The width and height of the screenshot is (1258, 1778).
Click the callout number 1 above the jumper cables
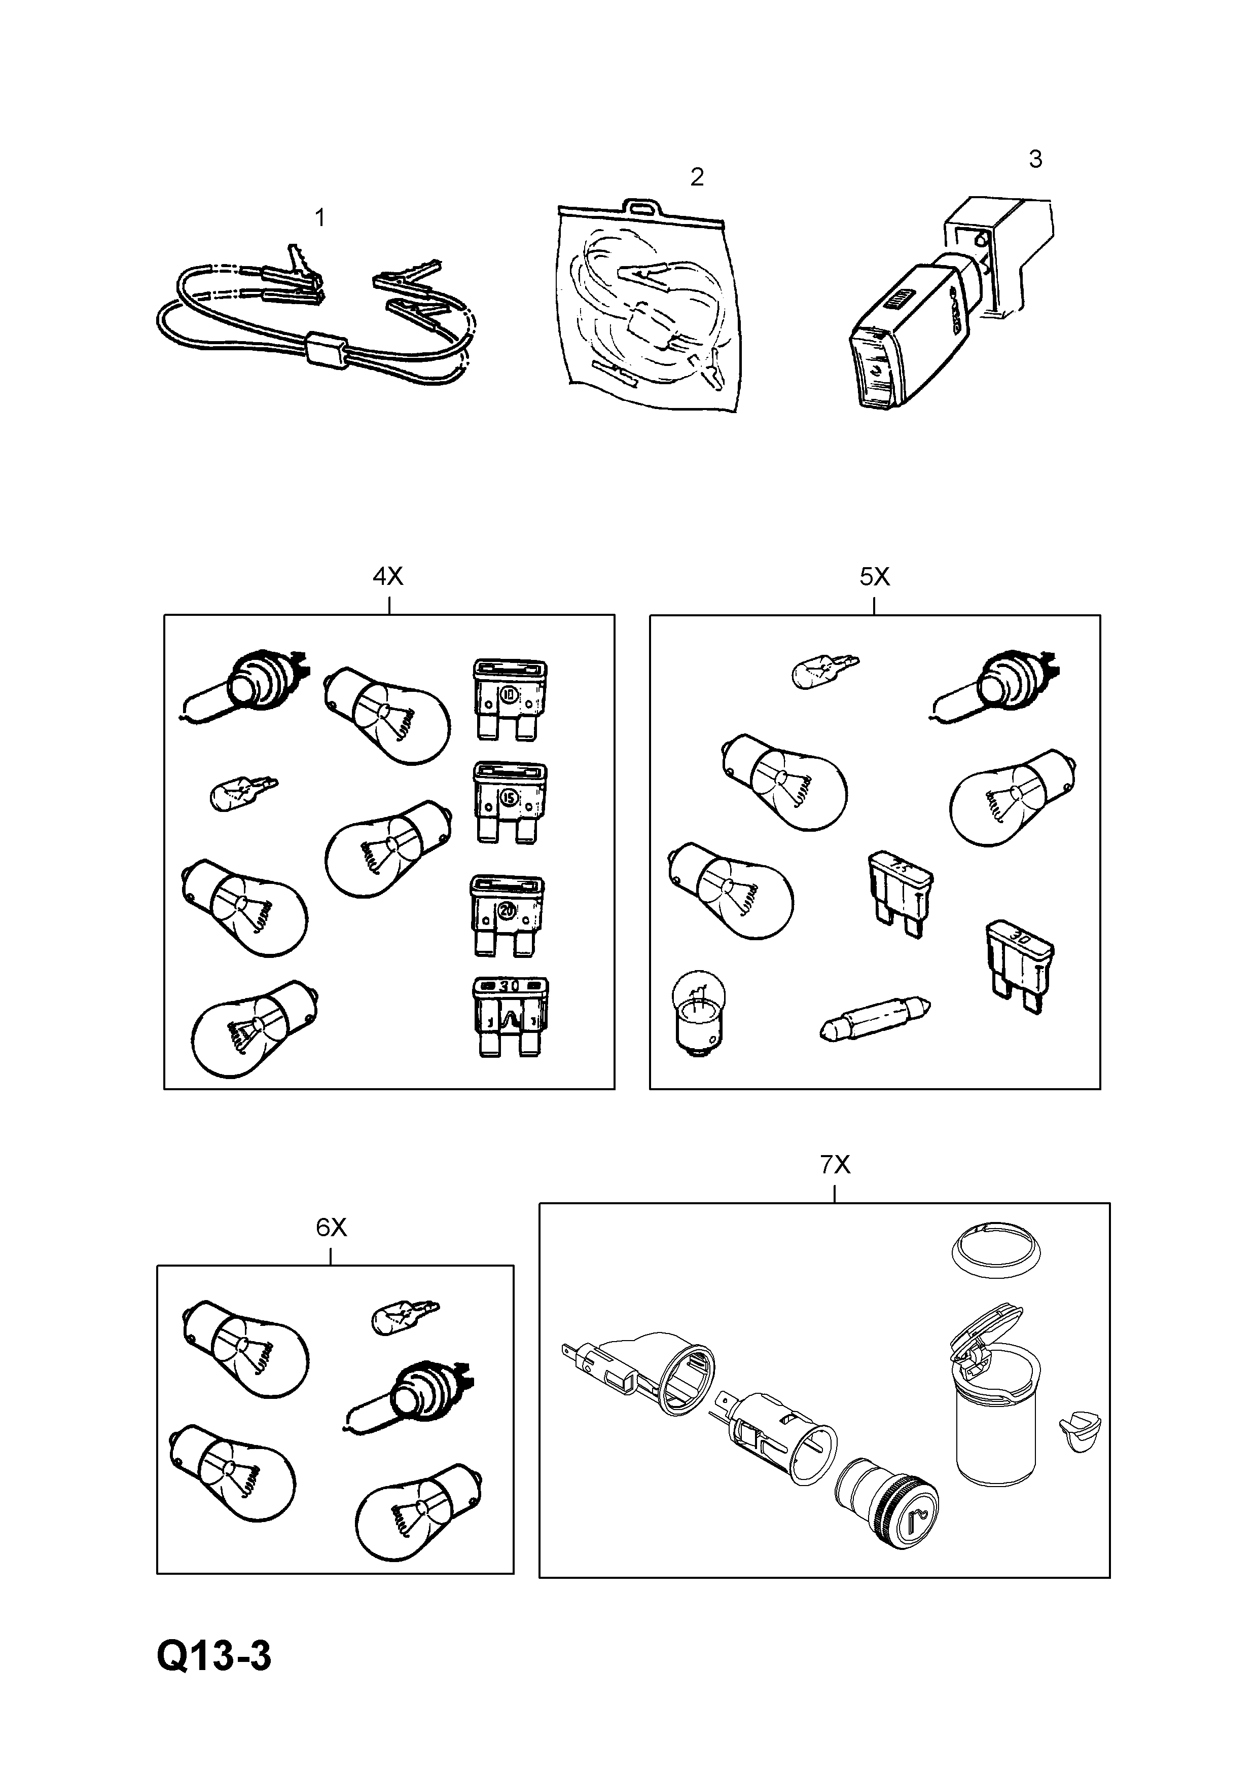(x=320, y=218)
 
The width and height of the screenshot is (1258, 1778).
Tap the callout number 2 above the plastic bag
(x=696, y=177)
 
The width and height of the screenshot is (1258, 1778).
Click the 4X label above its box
(x=387, y=576)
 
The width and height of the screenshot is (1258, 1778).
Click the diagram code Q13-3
(x=214, y=1656)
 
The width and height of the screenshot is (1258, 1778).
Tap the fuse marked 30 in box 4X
(x=510, y=1016)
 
